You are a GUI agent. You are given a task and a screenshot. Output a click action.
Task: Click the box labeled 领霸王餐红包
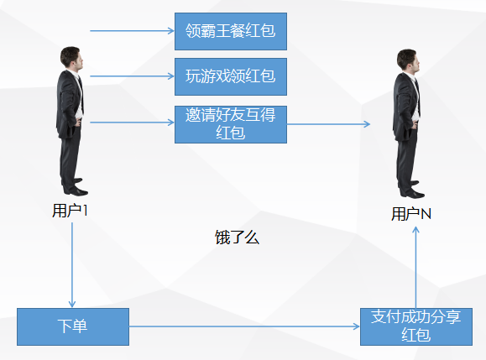230,32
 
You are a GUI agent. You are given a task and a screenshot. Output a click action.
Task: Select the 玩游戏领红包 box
230,77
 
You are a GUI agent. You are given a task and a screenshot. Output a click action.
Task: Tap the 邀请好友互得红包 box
230,123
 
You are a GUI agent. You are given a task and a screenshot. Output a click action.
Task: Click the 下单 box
73,326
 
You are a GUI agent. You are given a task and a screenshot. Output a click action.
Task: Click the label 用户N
411,214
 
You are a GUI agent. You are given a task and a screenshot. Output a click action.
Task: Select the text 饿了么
238,237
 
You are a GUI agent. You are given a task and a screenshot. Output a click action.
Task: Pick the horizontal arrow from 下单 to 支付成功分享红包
243,326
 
